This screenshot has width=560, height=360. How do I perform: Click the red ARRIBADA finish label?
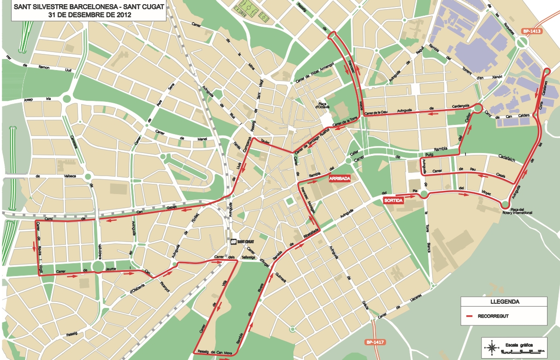click(x=340, y=178)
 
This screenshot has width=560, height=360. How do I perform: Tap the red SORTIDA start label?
click(x=393, y=201)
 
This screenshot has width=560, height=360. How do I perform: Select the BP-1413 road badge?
click(x=531, y=31)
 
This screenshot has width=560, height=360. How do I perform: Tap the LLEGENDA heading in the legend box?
click(x=504, y=302)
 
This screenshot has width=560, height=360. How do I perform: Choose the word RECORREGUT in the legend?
click(x=493, y=316)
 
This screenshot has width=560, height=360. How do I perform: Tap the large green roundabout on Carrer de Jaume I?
click(x=97, y=266)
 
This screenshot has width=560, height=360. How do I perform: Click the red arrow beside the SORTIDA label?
click(x=399, y=195)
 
